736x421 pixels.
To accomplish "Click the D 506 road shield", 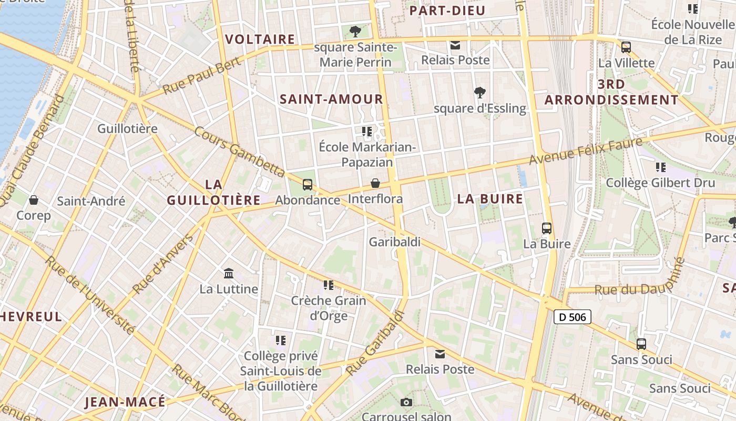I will pos(573,317).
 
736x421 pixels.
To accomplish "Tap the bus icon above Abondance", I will pos(308,185).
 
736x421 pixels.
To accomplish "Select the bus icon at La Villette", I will pos(626,47).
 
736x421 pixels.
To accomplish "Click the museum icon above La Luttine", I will pos(229,274).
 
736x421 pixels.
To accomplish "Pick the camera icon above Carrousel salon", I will pos(406,403).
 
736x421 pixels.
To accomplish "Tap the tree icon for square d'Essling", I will pos(479,93).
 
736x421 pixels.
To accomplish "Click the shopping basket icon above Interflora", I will pos(375,183).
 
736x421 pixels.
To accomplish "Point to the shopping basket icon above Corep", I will pos(34,200).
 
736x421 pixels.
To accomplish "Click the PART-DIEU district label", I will pos(447,11).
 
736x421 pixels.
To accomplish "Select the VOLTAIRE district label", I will pos(260,39).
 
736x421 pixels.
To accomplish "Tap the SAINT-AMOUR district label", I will pos(331,99).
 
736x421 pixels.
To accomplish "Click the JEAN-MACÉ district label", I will pos(125,403).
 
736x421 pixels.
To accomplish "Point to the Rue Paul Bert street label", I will pos(202,76).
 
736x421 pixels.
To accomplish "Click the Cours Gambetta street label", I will pos(240,152).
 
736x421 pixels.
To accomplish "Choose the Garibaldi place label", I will pos(395,242).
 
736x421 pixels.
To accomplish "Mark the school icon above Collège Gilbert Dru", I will pos(661,167).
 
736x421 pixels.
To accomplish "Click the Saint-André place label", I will pos(91,201).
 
